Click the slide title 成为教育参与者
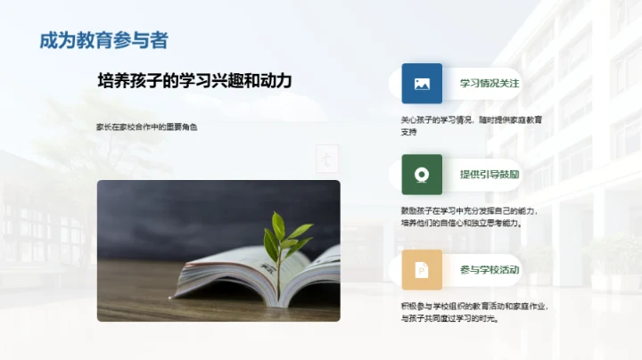click(103, 40)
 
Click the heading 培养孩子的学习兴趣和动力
click(194, 81)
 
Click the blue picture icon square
click(422, 84)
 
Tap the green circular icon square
click(422, 175)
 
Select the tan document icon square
click(422, 269)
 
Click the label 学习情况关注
click(489, 84)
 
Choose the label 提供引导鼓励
click(489, 175)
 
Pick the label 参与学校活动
click(489, 269)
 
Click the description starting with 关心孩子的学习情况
click(471, 126)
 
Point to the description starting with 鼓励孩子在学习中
click(473, 217)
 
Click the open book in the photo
click(259, 276)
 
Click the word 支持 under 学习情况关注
click(409, 132)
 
